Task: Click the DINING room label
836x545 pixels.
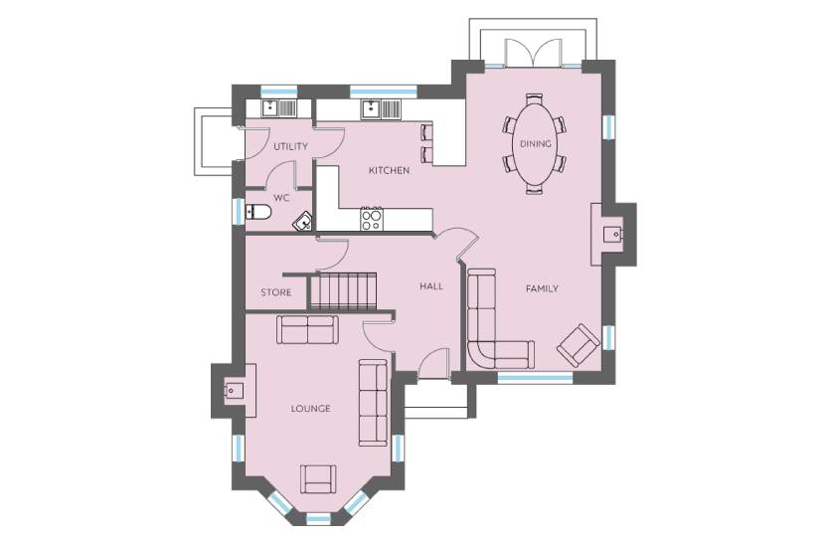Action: (535, 144)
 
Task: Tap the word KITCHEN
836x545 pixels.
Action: (390, 171)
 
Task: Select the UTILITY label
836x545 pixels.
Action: (290, 146)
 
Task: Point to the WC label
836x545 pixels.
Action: (281, 198)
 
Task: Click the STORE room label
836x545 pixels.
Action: (276, 292)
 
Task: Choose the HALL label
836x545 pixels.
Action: (431, 286)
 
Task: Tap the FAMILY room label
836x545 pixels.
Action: (542, 289)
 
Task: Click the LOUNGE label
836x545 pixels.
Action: (311, 409)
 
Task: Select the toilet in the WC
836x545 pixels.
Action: (258, 212)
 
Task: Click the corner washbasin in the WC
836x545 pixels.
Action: (304, 222)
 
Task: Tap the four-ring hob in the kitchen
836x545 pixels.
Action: (372, 219)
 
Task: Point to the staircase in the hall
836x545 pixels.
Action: (344, 291)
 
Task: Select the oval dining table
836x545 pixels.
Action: (535, 143)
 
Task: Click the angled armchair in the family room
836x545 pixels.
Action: (578, 345)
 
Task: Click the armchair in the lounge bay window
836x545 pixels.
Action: (318, 479)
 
